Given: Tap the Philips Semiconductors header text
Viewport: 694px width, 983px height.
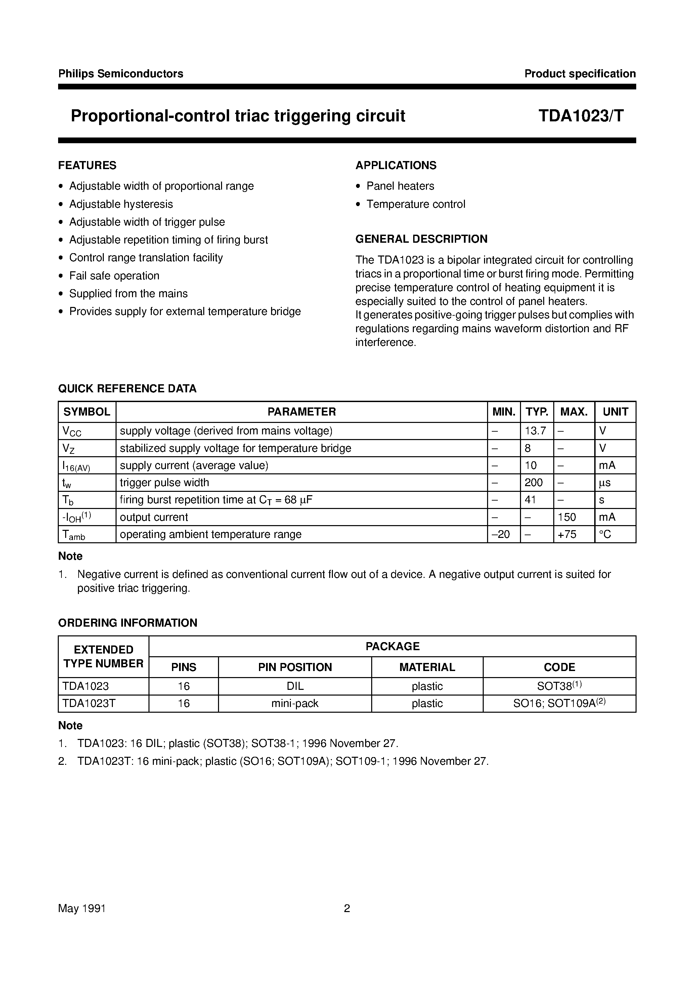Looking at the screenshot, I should point(121,74).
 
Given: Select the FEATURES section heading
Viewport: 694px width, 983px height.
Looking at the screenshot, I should point(87,165).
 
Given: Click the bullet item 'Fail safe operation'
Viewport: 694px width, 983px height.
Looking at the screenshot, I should point(114,276).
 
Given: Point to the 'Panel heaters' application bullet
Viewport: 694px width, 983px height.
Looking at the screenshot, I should point(400,186).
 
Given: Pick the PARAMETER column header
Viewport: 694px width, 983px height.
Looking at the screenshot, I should point(302,412).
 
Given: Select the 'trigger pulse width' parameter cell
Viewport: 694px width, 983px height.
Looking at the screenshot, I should point(164,482).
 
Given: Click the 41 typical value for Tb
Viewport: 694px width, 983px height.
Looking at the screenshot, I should point(530,500).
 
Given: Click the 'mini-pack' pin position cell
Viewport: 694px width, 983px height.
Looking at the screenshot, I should point(295,703).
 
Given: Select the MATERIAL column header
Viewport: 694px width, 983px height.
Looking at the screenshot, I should point(427,667).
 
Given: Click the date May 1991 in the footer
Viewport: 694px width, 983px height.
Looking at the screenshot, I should point(82,908).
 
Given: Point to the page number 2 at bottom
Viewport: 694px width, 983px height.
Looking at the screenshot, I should point(347,908).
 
